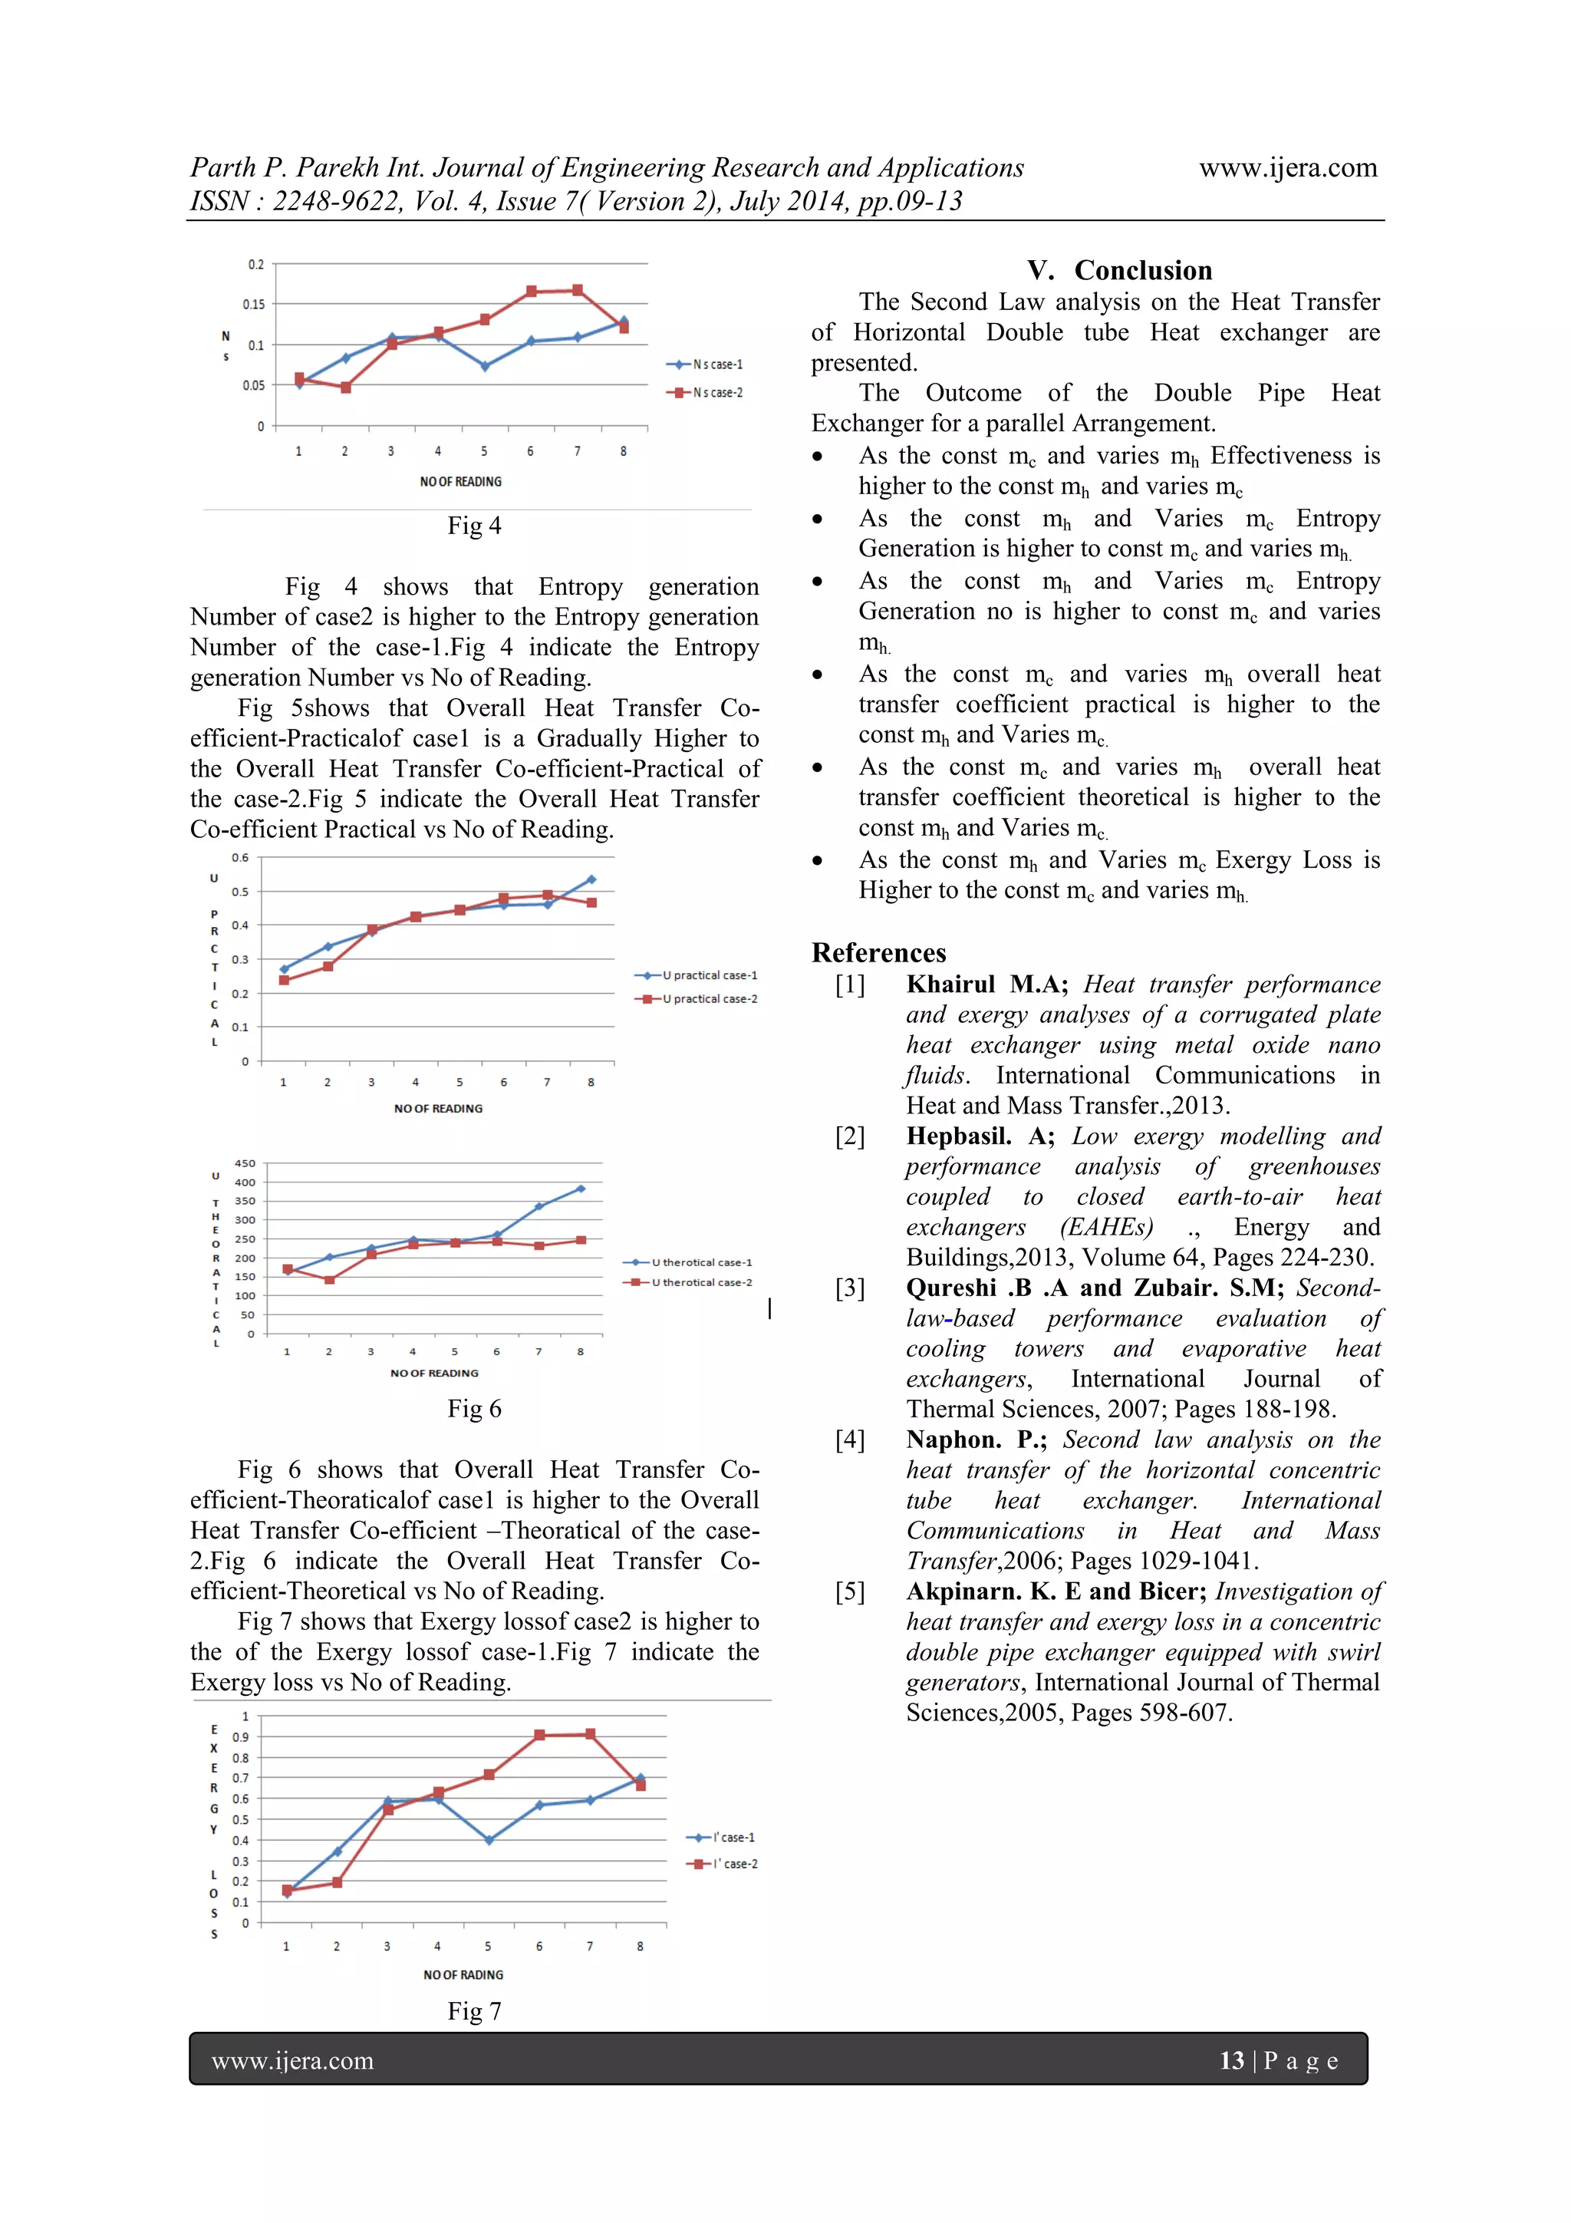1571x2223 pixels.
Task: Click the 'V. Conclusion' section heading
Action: click(x=1119, y=270)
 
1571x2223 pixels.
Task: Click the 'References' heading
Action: click(x=878, y=953)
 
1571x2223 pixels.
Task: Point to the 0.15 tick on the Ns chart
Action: click(x=254, y=305)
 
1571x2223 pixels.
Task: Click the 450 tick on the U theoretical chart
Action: click(x=245, y=1164)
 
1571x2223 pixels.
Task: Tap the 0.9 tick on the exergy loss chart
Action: click(x=240, y=1737)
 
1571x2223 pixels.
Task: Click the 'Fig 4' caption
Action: click(x=474, y=526)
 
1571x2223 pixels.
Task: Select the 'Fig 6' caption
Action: click(x=474, y=1409)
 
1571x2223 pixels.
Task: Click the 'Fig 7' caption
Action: click(x=474, y=2012)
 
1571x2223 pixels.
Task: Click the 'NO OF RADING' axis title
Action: click(x=463, y=1975)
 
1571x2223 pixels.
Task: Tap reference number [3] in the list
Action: click(x=850, y=1288)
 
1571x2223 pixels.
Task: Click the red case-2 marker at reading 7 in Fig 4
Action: click(x=578, y=291)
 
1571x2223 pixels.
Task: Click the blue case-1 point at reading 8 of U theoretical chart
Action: click(x=581, y=1189)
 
